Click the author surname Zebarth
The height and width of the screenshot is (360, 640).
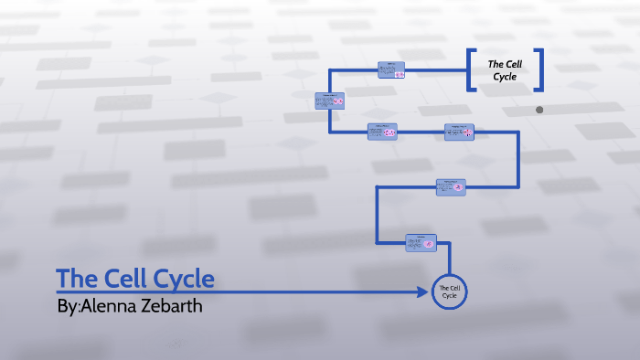point(164,306)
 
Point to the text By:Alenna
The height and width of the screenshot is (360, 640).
point(91,306)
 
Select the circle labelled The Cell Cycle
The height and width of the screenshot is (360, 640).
point(449,292)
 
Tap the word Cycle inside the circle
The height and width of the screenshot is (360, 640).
point(449,297)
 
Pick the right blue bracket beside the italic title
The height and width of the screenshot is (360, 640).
point(540,69)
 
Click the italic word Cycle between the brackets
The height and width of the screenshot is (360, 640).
point(505,77)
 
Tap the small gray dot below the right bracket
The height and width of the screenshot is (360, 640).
point(539,110)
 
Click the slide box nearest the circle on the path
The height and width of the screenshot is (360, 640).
point(421,242)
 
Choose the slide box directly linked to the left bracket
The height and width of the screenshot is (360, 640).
point(391,69)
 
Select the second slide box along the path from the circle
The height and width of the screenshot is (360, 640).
point(451,186)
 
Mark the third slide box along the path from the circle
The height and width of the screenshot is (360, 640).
point(460,132)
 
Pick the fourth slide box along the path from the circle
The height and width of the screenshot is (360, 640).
point(382,132)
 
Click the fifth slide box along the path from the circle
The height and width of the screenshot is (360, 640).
point(329,101)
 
